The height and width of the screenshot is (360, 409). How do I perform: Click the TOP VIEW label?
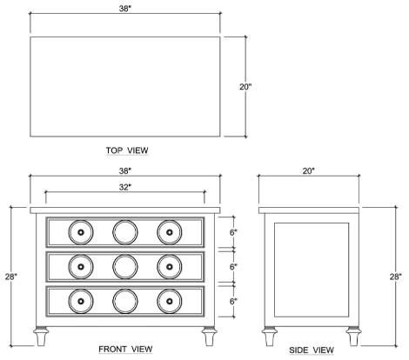tap(127, 150)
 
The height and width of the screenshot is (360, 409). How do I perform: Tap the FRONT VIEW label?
tap(125, 350)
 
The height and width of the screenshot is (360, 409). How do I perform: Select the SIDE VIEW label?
tap(312, 350)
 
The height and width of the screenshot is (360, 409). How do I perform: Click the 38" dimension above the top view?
tap(125, 9)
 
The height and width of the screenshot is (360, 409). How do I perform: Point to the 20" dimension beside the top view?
tap(245, 87)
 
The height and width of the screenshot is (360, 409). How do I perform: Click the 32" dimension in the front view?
tap(125, 187)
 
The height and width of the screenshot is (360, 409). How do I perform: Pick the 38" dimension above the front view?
tap(125, 171)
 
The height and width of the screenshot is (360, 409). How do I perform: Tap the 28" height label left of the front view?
tap(11, 277)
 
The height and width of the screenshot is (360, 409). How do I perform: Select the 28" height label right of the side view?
tap(396, 277)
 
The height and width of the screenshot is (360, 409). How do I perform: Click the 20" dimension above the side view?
tap(309, 171)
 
